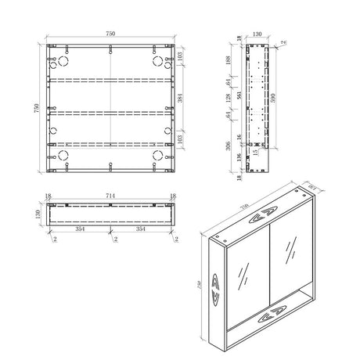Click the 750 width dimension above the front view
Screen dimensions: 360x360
point(111,34)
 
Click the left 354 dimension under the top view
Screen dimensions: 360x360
point(79,231)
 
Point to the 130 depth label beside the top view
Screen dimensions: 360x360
point(37,214)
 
